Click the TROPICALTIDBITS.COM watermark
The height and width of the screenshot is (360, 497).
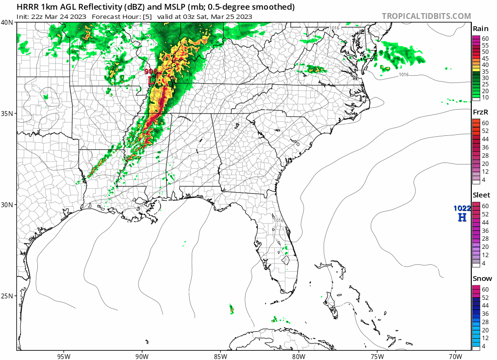[426, 16]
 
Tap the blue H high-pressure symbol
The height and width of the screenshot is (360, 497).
[462, 217]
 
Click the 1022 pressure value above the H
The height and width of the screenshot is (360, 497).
[462, 208]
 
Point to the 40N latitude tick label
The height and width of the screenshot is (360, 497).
[7, 22]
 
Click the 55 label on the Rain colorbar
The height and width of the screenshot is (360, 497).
[485, 45]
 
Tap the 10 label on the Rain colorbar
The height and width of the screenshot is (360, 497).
[485, 98]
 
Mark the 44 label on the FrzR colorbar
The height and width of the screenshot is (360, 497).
[485, 139]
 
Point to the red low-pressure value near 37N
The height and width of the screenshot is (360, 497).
[150, 71]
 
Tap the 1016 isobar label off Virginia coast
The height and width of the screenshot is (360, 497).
[404, 74]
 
